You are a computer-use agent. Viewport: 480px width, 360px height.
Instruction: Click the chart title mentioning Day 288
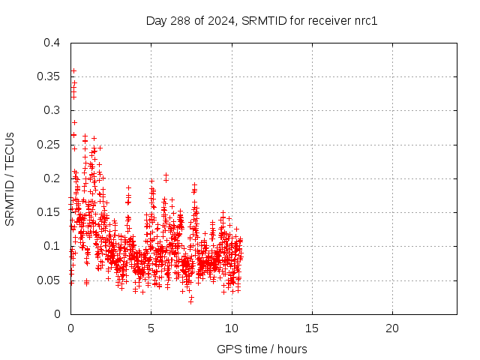pyautogui.click(x=261, y=20)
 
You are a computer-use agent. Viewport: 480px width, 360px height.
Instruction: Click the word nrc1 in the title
pyautogui.click(x=364, y=20)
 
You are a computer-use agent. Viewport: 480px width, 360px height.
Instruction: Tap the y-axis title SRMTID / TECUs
pyautogui.click(x=10, y=178)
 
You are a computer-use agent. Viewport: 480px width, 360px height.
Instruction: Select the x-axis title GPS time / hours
pyautogui.click(x=262, y=349)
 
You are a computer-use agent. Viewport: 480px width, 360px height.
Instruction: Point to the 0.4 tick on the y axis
pyautogui.click(x=51, y=43)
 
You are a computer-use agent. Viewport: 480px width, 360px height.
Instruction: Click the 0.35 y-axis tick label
pyautogui.click(x=48, y=76)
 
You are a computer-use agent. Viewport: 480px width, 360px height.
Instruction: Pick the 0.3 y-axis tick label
pyautogui.click(x=51, y=110)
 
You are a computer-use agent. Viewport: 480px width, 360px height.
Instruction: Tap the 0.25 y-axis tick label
pyautogui.click(x=48, y=145)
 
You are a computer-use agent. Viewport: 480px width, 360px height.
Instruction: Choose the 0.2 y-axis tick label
pyautogui.click(x=51, y=178)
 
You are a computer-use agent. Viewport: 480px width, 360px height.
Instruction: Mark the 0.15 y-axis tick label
pyautogui.click(x=48, y=212)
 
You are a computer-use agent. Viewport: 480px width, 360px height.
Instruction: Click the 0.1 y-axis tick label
pyautogui.click(x=51, y=246)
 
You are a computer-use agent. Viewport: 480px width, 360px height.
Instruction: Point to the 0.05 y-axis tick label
pyautogui.click(x=48, y=280)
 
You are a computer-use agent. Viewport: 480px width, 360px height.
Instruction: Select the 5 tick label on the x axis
pyautogui.click(x=151, y=328)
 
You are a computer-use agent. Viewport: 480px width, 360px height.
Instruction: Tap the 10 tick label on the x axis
pyautogui.click(x=231, y=328)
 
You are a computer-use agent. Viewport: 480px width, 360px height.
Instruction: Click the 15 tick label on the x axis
pyautogui.click(x=311, y=328)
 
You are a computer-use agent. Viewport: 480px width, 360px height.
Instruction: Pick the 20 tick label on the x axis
pyautogui.click(x=391, y=328)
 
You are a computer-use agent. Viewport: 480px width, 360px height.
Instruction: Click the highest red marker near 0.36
pyautogui.click(x=73, y=70)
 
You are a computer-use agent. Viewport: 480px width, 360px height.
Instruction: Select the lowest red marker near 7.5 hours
pyautogui.click(x=190, y=301)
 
